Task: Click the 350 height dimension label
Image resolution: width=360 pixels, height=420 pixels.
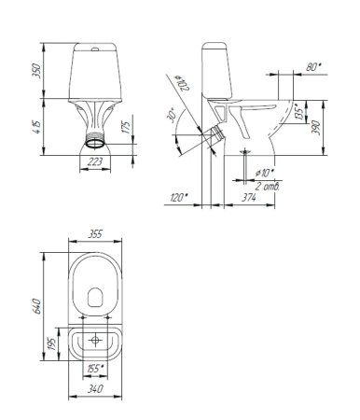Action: coord(36,71)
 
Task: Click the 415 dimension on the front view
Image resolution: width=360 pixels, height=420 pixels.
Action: coord(36,127)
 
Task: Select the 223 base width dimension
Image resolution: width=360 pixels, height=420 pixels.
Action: coord(95,161)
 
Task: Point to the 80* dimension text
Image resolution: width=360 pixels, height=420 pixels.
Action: coord(313,66)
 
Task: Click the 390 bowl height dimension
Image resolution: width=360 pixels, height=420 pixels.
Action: coord(315,128)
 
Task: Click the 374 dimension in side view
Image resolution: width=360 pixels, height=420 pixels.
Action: coord(249,197)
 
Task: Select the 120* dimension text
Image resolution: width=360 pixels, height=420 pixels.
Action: coord(179,197)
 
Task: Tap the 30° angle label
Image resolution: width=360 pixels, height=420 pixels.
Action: coord(172,116)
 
